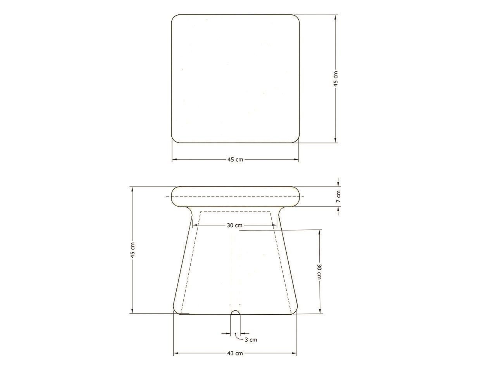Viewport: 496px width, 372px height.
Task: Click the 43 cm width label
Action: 235,353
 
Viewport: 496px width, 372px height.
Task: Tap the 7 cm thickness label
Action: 338,196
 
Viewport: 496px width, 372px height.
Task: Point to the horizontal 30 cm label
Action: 235,225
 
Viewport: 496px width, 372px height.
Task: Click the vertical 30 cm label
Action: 319,271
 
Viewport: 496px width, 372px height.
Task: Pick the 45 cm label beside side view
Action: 133,250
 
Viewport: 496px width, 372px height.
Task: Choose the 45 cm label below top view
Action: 235,160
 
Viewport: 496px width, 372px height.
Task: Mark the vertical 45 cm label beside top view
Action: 336,79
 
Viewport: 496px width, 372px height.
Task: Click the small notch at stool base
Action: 235,312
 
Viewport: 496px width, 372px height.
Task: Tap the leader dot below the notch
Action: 235,333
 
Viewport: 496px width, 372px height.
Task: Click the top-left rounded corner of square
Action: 176,19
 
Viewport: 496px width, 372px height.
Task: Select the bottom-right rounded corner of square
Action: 296,139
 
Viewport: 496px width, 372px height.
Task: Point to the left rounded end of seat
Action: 174,196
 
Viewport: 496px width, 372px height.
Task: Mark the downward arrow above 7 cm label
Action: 338,184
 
